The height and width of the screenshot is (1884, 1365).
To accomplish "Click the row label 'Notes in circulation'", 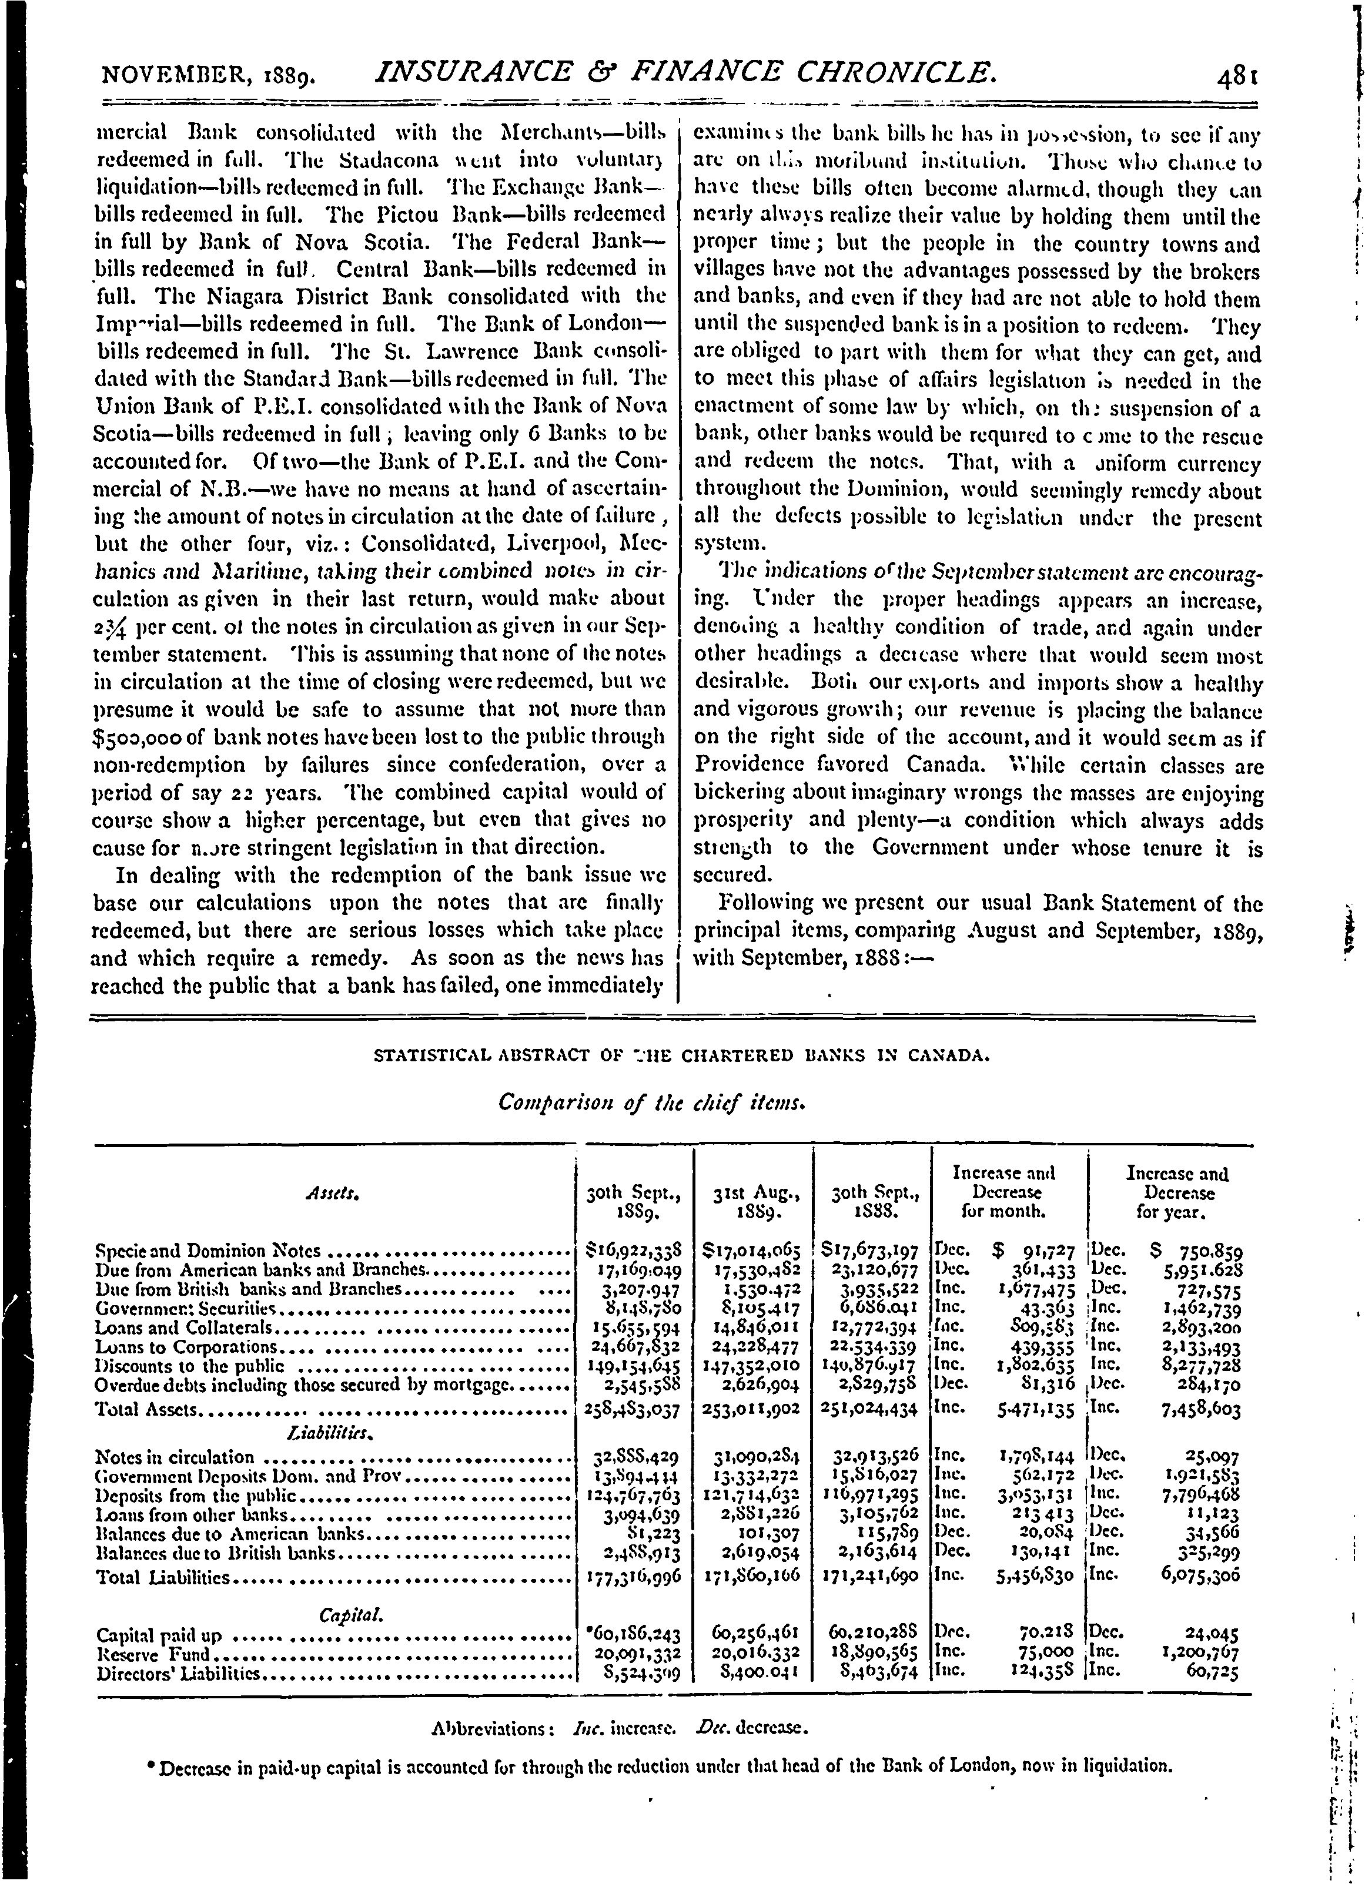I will coord(175,1456).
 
